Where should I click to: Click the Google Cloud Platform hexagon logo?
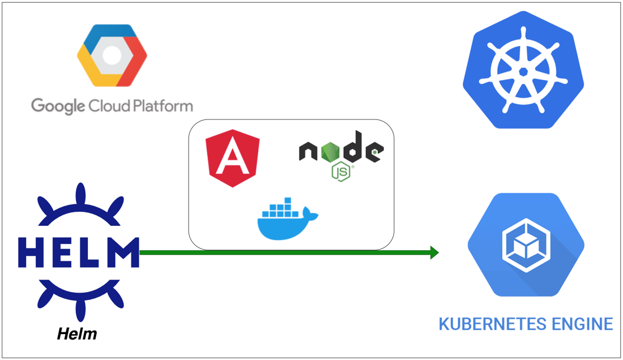112,55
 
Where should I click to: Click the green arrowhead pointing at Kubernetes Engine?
434,252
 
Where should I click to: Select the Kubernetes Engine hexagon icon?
525,245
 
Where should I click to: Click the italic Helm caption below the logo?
77,334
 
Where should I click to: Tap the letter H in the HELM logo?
31,252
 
